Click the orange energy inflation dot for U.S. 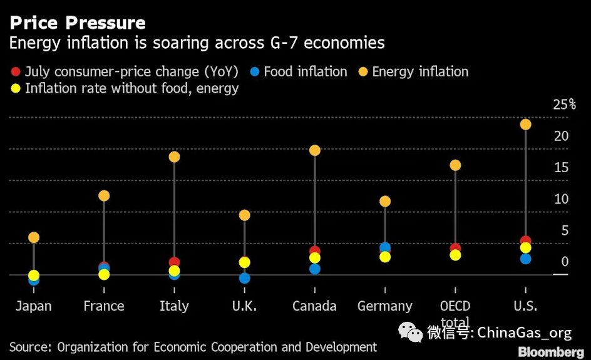click(525, 125)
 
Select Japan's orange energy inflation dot click(34, 238)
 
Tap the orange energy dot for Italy click(174, 157)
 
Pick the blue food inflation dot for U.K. click(245, 278)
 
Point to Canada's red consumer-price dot click(315, 251)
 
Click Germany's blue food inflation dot click(385, 248)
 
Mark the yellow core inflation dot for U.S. click(525, 248)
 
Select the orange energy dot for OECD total click(455, 165)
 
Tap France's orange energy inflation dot click(104, 196)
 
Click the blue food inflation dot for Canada click(315, 269)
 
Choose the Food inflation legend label click(305, 72)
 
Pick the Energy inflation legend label click(420, 72)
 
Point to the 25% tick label click(563, 105)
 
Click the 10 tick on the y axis click(561, 199)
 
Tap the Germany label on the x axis click(385, 306)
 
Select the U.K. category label click(244, 306)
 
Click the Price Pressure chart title click(78, 23)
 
